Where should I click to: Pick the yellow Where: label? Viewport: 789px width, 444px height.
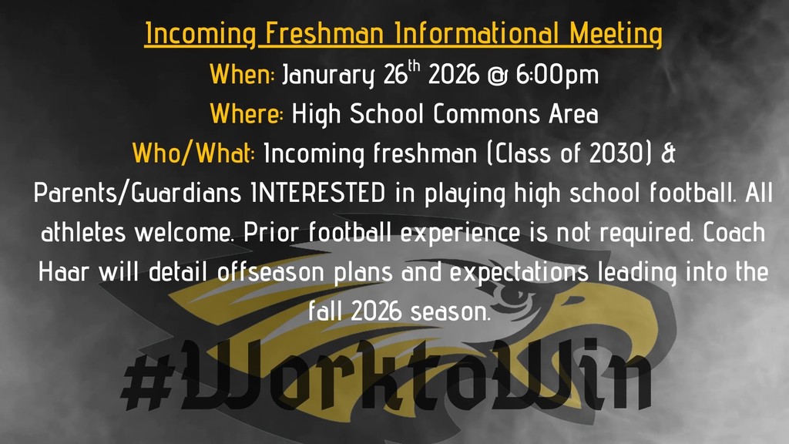(247, 115)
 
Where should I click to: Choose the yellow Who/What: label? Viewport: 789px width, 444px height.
(193, 153)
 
